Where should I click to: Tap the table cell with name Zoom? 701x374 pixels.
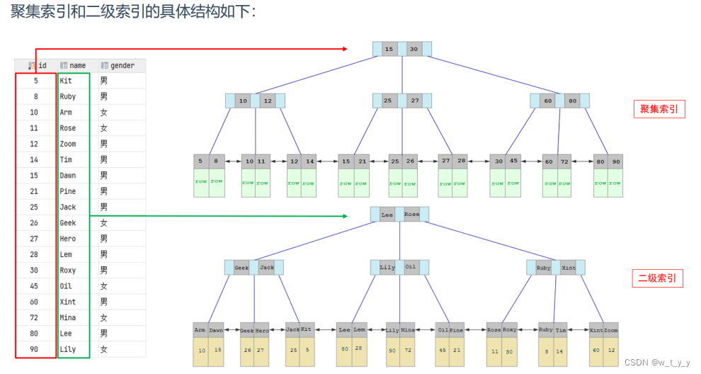(x=69, y=144)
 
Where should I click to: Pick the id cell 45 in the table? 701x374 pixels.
(x=35, y=286)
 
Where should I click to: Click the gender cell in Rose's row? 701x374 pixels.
(x=103, y=128)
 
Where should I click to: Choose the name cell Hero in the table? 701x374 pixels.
(x=68, y=239)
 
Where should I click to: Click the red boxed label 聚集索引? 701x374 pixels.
(x=659, y=109)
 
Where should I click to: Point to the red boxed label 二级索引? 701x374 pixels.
(x=657, y=278)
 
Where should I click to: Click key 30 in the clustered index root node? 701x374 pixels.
(x=414, y=49)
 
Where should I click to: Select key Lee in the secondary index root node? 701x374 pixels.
(x=387, y=214)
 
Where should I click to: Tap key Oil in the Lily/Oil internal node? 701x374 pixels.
(x=411, y=268)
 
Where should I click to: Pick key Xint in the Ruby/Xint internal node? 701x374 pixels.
(x=568, y=268)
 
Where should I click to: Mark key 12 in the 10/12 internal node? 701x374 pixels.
(x=267, y=101)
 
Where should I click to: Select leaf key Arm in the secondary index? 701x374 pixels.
(x=200, y=330)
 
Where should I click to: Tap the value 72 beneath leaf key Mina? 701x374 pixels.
(x=409, y=351)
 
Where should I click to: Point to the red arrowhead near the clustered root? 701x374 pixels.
(x=344, y=49)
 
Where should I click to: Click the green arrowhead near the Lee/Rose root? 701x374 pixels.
(x=344, y=216)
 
